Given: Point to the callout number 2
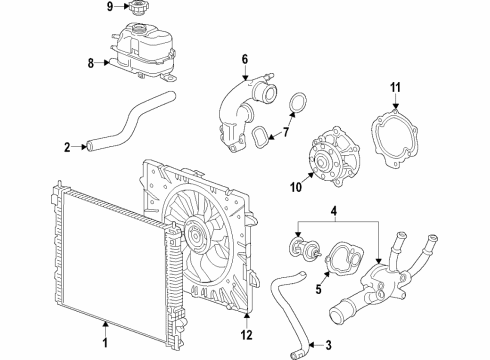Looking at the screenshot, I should click(67, 147).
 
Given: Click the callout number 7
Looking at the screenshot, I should click(286, 132).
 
